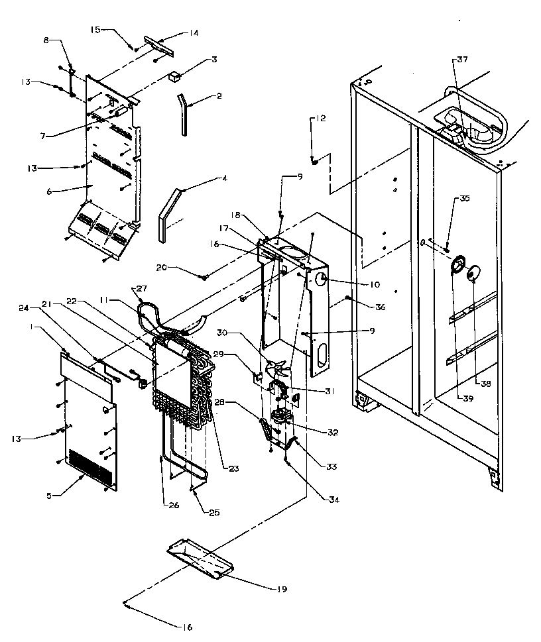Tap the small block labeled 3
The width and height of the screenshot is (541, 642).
pyautogui.click(x=175, y=77)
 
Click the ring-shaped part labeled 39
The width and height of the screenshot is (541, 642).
pyautogui.click(x=457, y=267)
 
